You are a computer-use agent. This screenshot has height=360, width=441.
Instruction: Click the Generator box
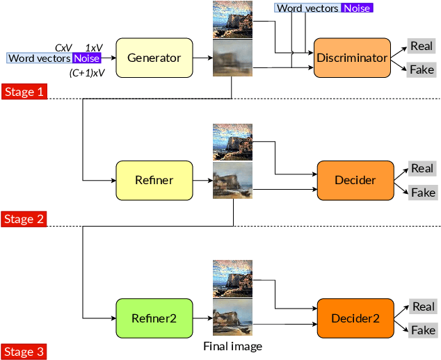[x=154, y=58]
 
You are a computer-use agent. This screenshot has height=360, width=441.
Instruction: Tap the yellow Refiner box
[x=154, y=180]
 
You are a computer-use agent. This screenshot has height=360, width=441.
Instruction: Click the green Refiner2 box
[x=154, y=318]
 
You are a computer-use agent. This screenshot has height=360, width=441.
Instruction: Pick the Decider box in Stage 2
[x=355, y=180]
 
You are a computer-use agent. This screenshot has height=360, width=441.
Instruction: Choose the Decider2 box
[x=355, y=318]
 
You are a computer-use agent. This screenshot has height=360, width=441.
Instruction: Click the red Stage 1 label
[x=24, y=92]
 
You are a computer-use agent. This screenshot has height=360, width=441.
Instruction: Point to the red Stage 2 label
[x=24, y=219]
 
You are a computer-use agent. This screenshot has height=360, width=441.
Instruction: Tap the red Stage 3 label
[x=24, y=352]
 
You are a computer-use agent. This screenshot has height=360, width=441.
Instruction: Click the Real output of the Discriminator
[x=422, y=46]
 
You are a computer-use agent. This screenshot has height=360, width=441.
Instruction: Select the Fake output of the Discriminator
[x=422, y=69]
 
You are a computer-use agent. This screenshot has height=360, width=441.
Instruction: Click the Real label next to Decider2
[x=423, y=306]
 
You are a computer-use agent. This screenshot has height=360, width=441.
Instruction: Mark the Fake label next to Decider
[x=422, y=192]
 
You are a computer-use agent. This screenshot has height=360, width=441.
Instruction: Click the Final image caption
[x=232, y=346]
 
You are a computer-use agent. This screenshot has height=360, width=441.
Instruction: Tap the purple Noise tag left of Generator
[x=87, y=58]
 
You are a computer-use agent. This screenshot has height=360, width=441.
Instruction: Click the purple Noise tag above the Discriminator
[x=356, y=8]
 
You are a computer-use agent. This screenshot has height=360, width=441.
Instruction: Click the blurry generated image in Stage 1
[x=232, y=58]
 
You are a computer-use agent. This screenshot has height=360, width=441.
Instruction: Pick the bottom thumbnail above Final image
[x=232, y=320]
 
